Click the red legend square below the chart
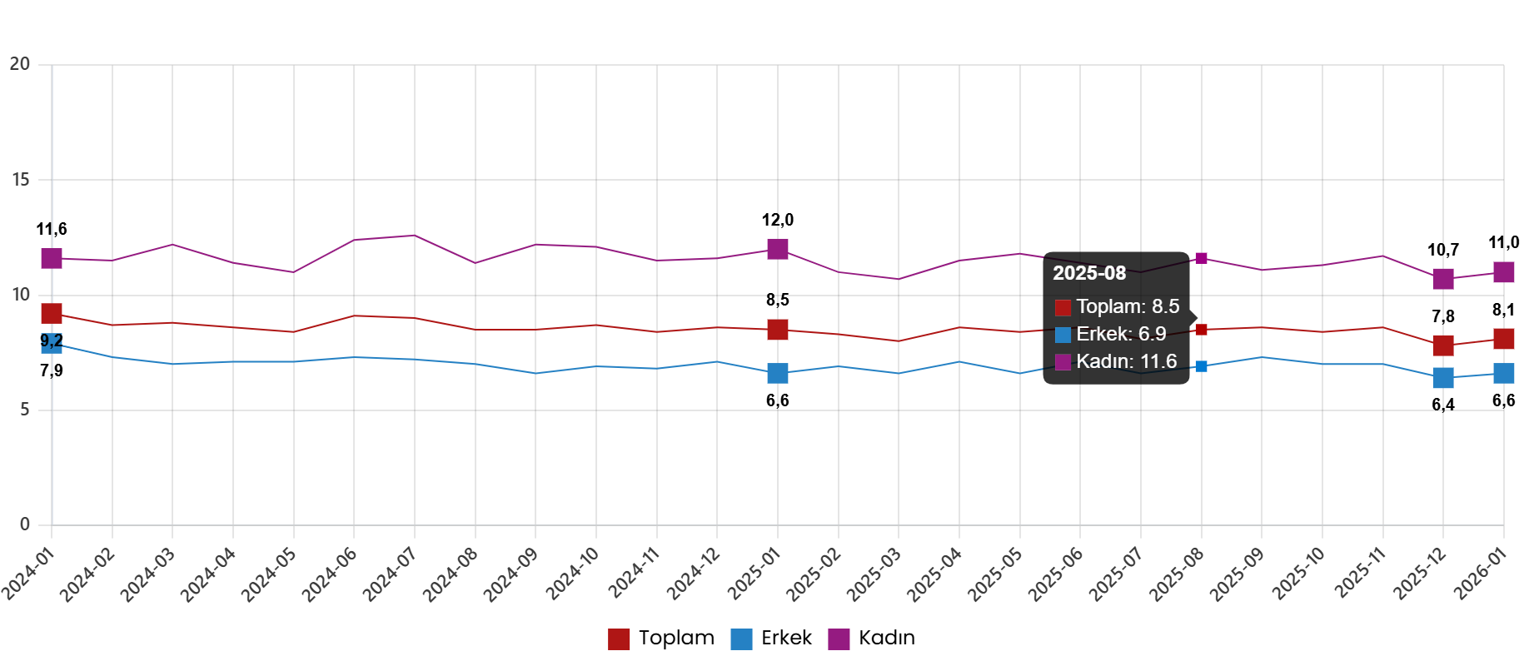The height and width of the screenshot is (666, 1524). coord(619,639)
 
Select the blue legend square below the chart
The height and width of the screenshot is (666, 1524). coord(741,639)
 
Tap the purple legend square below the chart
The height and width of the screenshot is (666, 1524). coord(839,639)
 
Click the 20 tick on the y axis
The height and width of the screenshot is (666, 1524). coord(20,64)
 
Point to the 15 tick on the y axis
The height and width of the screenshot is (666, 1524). coord(20,180)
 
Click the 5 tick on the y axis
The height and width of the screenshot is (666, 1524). coord(24,410)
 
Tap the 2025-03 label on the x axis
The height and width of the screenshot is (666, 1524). coord(874,574)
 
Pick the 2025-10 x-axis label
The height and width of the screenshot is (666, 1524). coord(1299,574)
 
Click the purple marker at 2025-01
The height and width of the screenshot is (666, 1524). coord(777,248)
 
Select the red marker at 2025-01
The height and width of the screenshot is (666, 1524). coord(777,330)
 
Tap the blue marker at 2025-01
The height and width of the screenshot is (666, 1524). coord(777,373)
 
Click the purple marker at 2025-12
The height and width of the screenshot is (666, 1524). coord(1443,279)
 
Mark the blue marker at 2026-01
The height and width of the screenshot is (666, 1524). coord(1503,373)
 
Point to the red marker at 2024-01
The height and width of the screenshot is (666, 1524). coord(52,314)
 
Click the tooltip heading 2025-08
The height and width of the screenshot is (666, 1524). coord(1089,273)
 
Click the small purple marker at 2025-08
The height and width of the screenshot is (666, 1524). coord(1201,258)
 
